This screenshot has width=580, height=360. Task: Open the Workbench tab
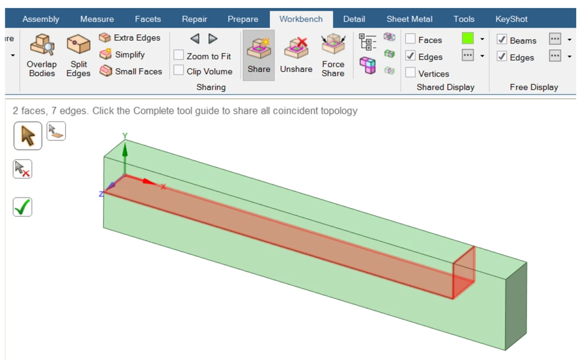pyautogui.click(x=301, y=19)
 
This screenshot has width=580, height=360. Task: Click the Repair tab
pyautogui.click(x=194, y=19)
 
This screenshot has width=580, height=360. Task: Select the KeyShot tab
pyautogui.click(x=511, y=19)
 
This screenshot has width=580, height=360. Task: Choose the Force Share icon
pyautogui.click(x=333, y=44)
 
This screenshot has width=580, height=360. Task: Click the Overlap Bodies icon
pyautogui.click(x=42, y=45)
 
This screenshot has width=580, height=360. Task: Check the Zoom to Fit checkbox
pyautogui.click(x=179, y=55)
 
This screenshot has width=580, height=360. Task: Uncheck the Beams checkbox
pyautogui.click(x=502, y=39)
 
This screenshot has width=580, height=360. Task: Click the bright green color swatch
pyautogui.click(x=468, y=38)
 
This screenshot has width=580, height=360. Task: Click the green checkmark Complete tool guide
pyautogui.click(x=22, y=207)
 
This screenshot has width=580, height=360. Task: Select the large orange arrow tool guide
pyautogui.click(x=28, y=136)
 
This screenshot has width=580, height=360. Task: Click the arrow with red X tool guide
pyautogui.click(x=22, y=169)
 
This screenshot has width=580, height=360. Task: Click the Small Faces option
pyautogui.click(x=139, y=71)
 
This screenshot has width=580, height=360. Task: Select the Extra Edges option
pyautogui.click(x=137, y=38)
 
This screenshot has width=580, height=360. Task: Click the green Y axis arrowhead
pyautogui.click(x=125, y=149)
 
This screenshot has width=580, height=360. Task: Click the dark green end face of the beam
pyautogui.click(x=516, y=306)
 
